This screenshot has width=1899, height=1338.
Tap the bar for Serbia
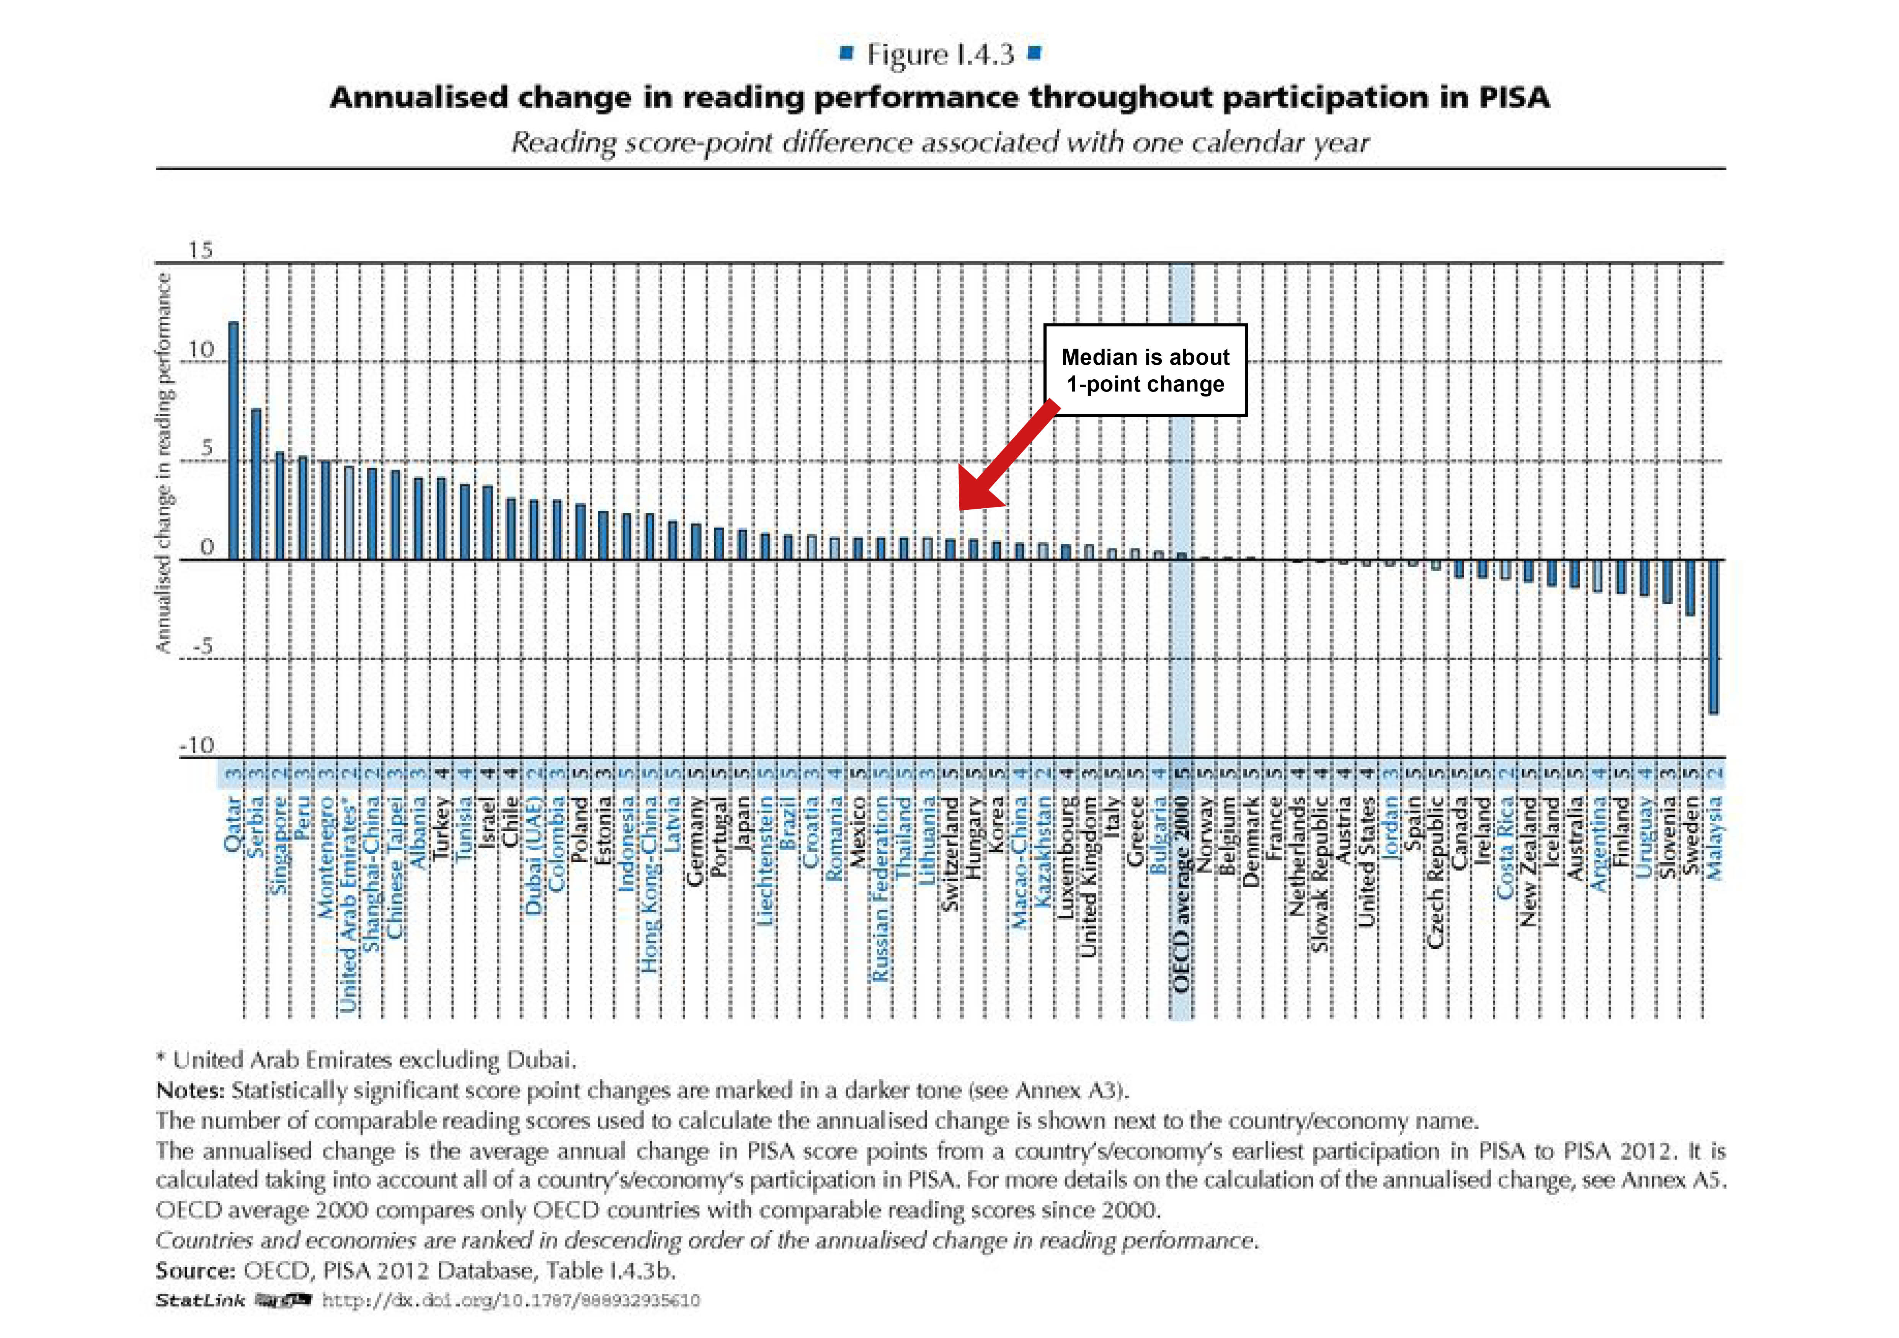click(256, 484)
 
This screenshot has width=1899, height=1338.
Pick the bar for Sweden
click(1690, 587)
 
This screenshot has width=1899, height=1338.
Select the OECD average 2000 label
click(1181, 893)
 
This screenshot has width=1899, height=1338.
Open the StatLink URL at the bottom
click(510, 1301)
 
